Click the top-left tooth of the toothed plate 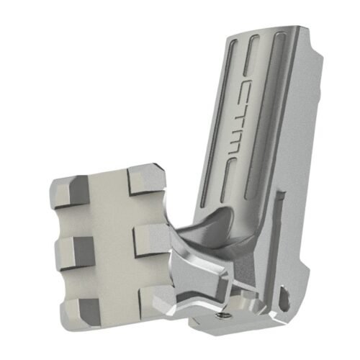(71, 189)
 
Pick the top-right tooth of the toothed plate (146, 178)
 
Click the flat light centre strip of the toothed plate (112, 245)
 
